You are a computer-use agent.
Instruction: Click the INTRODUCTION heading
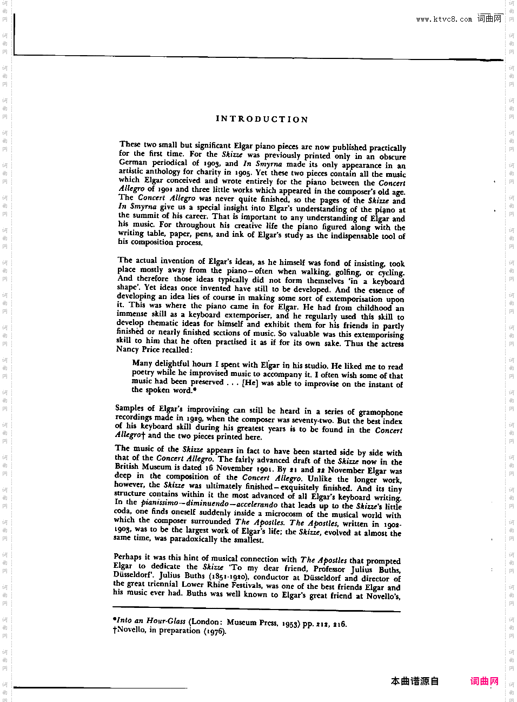tap(262, 119)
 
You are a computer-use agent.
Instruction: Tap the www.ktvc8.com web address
tap(443, 19)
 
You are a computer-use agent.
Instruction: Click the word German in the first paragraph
tap(133, 162)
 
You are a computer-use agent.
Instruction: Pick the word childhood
tap(374, 308)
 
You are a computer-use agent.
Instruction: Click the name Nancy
tap(128, 349)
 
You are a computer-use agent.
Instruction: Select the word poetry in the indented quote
tap(143, 373)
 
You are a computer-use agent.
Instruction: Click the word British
tap(127, 466)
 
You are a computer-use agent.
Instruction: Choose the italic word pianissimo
tap(160, 502)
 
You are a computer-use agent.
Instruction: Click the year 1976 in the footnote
tap(215, 631)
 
